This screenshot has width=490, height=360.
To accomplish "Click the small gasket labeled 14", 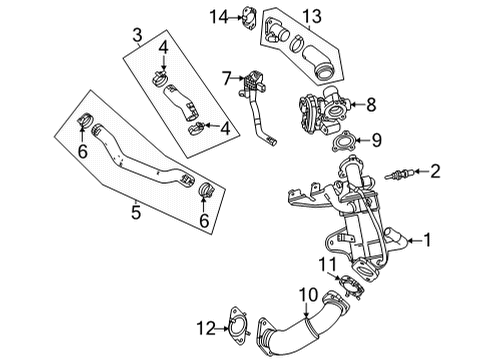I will click(249, 15).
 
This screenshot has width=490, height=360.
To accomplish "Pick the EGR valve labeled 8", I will click(322, 100).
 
